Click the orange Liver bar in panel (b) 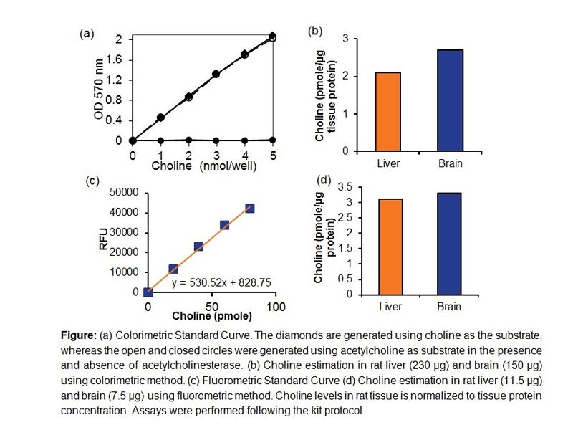click(387, 112)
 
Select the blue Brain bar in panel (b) click(450, 100)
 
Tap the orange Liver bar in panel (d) click(387, 247)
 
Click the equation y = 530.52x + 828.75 click(221, 283)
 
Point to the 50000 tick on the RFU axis click(122, 192)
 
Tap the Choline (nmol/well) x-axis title click(203, 166)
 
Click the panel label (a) click(87, 33)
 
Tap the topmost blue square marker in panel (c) click(249, 209)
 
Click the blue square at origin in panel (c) click(148, 292)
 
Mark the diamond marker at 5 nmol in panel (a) click(272, 35)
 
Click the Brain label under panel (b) click(450, 163)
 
